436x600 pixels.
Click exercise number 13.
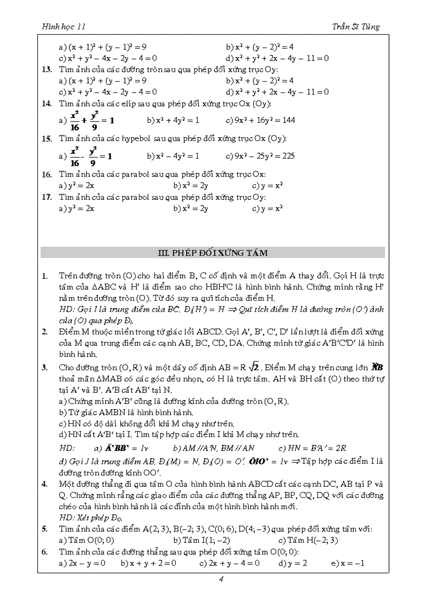pos(46,69)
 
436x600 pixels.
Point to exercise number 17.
pos(46,197)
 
